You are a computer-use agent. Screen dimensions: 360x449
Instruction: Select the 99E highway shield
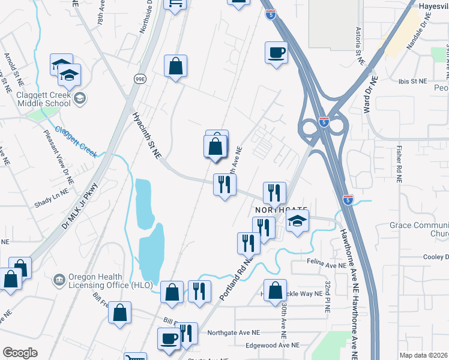coord(140,79)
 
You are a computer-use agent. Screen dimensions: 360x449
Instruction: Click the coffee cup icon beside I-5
coord(276,53)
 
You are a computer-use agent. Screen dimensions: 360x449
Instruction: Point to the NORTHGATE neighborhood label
coord(281,209)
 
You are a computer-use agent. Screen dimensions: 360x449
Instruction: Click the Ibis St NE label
coord(411,80)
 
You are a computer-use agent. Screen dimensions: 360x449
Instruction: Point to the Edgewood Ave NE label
coord(272,345)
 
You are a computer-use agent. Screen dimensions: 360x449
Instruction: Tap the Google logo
coord(20,353)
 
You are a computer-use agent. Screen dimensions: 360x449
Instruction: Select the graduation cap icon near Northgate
coord(297,221)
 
